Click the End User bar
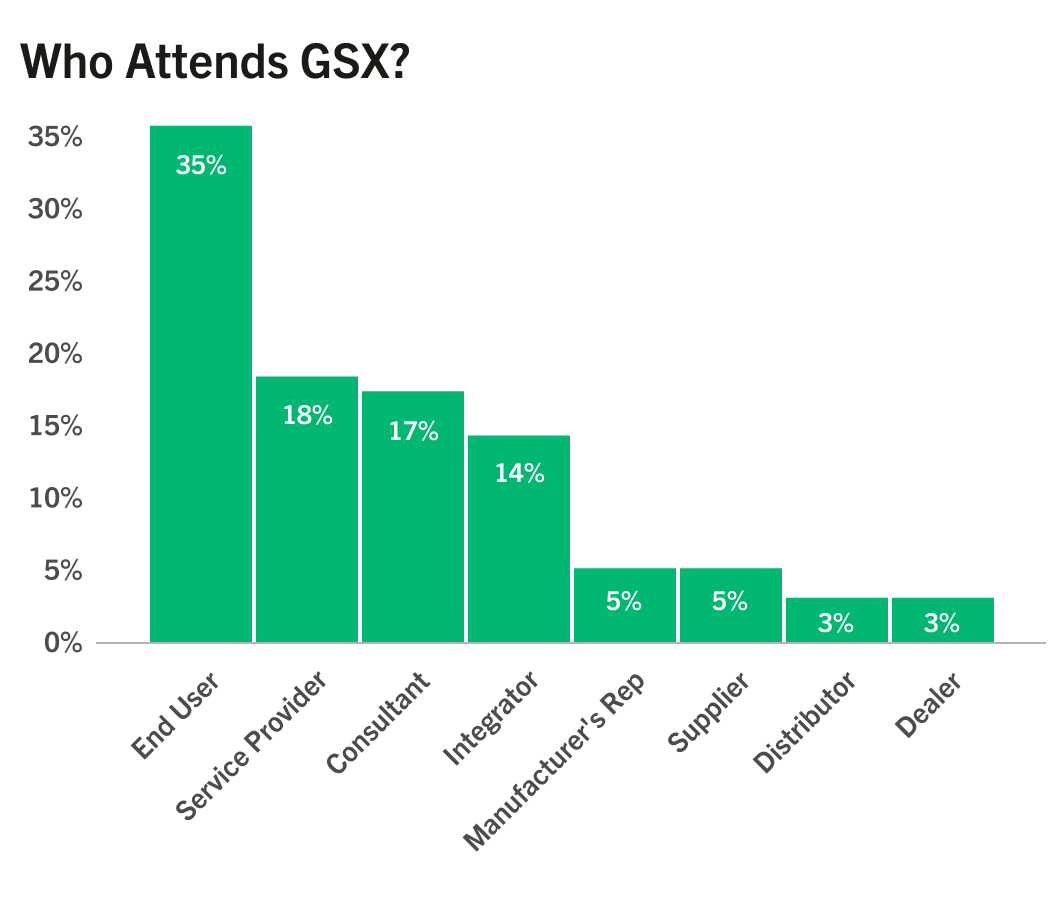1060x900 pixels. click(x=201, y=383)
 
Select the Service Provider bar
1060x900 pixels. click(x=307, y=509)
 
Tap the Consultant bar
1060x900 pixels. click(x=413, y=517)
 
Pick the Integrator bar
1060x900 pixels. click(x=519, y=539)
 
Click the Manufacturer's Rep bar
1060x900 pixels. click(x=625, y=605)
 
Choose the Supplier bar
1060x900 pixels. click(x=731, y=605)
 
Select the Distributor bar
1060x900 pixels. click(x=837, y=620)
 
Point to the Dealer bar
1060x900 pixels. click(x=943, y=620)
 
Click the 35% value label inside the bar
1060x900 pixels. click(x=201, y=165)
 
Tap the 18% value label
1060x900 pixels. click(x=308, y=415)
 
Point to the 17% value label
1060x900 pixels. click(x=414, y=431)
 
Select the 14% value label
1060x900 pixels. click(x=520, y=473)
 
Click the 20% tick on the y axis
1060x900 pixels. click(x=55, y=354)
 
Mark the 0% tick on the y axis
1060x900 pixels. click(x=64, y=642)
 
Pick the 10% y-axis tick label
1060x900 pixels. click(x=55, y=498)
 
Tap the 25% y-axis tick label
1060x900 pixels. click(x=55, y=281)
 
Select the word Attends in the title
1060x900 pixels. click(x=207, y=62)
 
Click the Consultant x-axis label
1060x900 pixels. click(x=378, y=722)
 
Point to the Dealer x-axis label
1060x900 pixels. click(x=928, y=705)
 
